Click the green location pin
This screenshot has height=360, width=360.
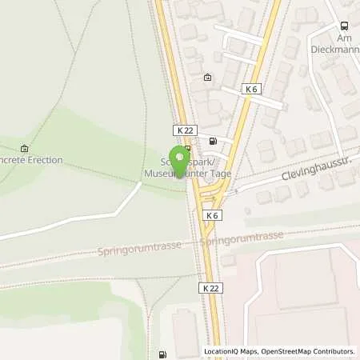[178, 159]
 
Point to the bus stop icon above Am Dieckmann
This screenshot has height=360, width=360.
[345, 25]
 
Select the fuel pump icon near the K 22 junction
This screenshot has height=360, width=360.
[212, 142]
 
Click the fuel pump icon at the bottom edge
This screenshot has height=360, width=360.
[163, 354]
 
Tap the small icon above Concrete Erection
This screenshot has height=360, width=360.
[24, 148]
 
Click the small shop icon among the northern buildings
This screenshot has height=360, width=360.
[208, 78]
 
